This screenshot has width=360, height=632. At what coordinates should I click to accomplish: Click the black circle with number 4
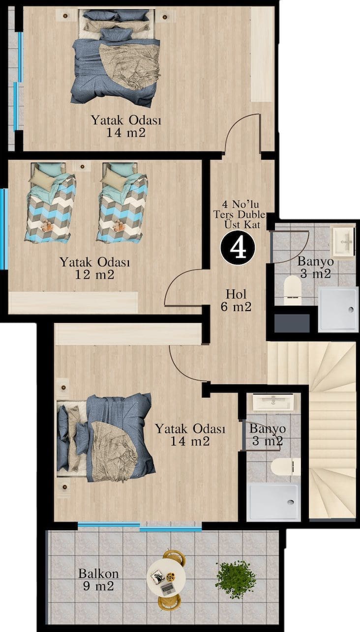coord(238,248)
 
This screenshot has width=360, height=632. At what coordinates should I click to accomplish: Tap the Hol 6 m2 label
coord(236,300)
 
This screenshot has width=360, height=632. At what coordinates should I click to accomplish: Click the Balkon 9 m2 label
coord(98,580)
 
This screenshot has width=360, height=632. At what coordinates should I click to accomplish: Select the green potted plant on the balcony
coord(236,575)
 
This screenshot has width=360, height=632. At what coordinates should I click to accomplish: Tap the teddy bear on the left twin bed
coord(47,226)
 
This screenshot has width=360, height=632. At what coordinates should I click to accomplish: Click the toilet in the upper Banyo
coord(292,290)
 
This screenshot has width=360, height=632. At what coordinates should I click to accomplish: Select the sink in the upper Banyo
coord(343,241)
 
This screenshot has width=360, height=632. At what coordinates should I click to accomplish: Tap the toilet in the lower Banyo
coord(285,466)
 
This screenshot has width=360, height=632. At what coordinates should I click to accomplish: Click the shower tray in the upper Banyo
coord(337,310)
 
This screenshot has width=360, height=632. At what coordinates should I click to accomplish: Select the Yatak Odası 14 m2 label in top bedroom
coord(126,126)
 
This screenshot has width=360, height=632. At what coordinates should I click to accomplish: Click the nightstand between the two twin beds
coord(82,167)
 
